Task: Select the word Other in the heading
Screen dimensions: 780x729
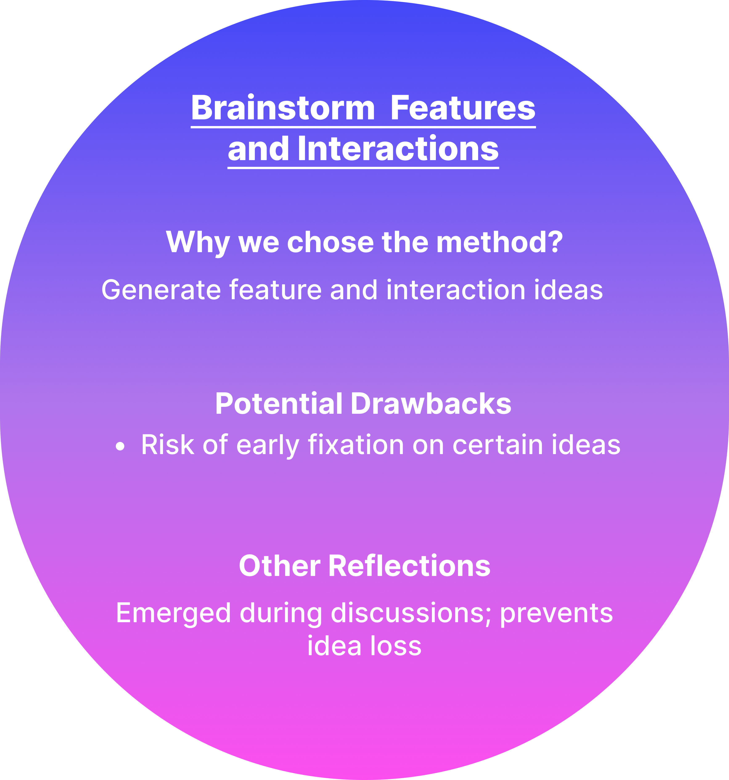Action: click(279, 566)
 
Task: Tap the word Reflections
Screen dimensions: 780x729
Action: click(409, 566)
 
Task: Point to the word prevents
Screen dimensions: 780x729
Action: click(556, 613)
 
